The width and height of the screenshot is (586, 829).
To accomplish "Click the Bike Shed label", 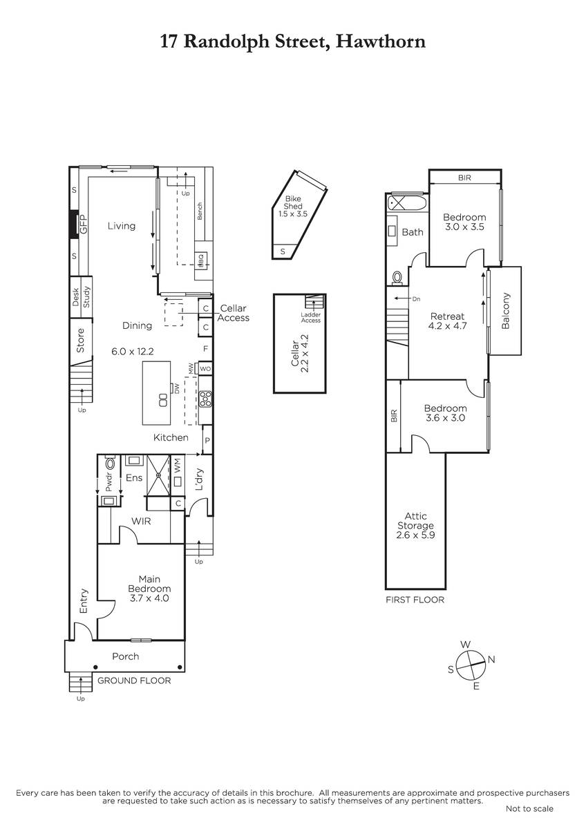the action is click(x=293, y=203).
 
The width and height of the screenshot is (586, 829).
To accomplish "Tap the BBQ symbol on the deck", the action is click(x=201, y=260).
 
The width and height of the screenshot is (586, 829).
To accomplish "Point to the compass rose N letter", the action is click(x=491, y=660).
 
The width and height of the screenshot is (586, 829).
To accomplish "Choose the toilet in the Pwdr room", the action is click(x=110, y=463).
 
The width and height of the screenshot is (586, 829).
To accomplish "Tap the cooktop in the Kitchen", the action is click(x=205, y=399).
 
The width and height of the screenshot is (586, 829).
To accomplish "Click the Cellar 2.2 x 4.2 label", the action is click(x=300, y=354).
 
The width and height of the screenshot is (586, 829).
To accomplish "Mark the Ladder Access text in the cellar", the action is click(x=310, y=318).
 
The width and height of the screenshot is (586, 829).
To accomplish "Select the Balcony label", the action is click(x=505, y=311).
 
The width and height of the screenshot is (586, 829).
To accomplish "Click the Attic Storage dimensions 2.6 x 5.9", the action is click(x=415, y=535).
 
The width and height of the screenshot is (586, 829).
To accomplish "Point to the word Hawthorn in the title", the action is click(x=381, y=41).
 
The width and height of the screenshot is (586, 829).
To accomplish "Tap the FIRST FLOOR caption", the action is click(x=415, y=600).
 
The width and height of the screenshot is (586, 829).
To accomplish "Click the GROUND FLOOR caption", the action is click(x=134, y=680).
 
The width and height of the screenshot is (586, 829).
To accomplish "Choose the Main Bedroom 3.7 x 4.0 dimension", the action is click(x=149, y=598).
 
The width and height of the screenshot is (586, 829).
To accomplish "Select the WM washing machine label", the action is click(x=177, y=465).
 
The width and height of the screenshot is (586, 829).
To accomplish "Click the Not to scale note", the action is click(x=529, y=809).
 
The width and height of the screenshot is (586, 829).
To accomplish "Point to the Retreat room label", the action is click(x=447, y=316).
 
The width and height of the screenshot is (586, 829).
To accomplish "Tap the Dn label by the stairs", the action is click(x=416, y=298).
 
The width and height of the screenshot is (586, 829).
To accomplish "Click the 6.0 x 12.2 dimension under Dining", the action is click(x=133, y=351).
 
